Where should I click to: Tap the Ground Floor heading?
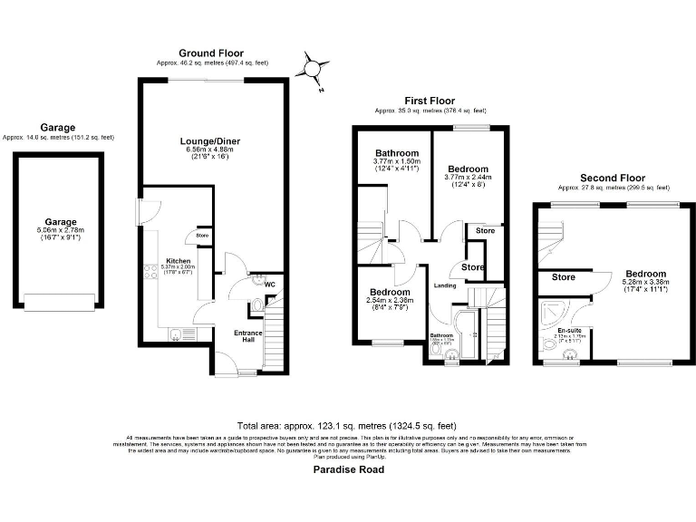(x=210, y=53)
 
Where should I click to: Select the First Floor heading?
(x=430, y=101)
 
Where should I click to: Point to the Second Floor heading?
(x=612, y=178)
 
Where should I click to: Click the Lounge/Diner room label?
(x=209, y=141)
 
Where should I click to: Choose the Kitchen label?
(x=177, y=259)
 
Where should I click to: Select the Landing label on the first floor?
(x=445, y=286)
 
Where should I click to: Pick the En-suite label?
(x=568, y=330)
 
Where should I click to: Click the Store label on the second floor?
(x=563, y=277)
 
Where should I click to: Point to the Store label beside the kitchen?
(x=201, y=237)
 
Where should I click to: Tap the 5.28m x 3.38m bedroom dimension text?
(x=645, y=284)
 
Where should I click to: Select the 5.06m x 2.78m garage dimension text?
(x=61, y=231)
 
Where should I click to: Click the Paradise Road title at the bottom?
(x=348, y=469)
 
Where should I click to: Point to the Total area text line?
(x=347, y=426)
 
